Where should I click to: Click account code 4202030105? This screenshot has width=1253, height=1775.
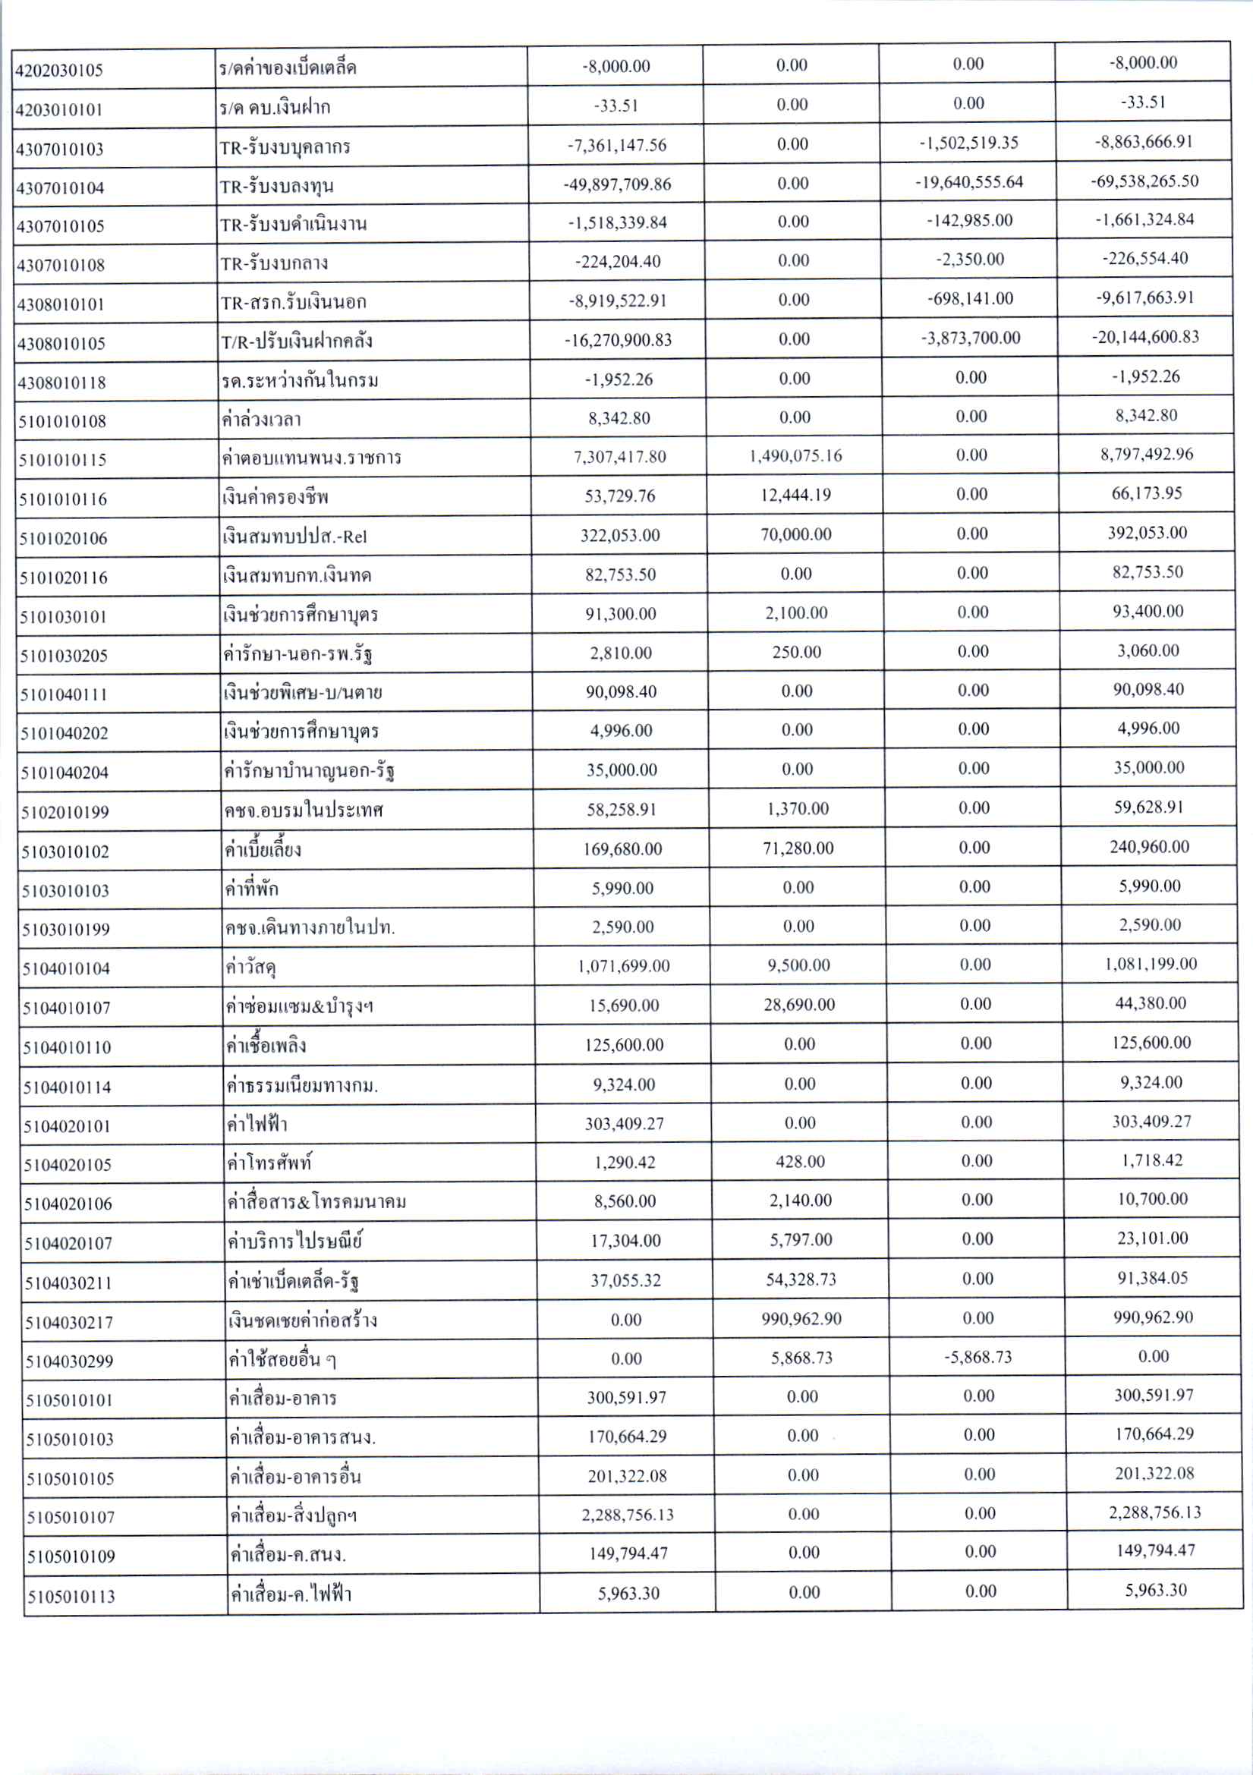pyautogui.click(x=59, y=71)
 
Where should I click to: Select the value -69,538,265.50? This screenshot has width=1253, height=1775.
pyautogui.click(x=1144, y=181)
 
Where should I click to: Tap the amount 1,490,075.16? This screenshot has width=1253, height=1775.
pyautogui.click(x=795, y=456)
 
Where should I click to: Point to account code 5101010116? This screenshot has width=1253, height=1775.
pyautogui.click(x=64, y=499)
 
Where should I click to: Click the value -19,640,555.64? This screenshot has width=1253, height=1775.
pyautogui.click(x=969, y=182)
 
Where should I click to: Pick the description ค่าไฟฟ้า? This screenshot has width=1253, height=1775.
pyautogui.click(x=257, y=1124)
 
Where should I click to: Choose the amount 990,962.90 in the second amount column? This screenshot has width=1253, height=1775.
pyautogui.click(x=801, y=1319)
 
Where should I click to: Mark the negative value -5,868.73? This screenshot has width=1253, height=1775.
pyautogui.click(x=978, y=1358)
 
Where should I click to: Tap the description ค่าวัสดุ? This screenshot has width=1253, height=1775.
pyautogui.click(x=252, y=967)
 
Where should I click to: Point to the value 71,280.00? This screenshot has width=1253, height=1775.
pyautogui.click(x=798, y=848)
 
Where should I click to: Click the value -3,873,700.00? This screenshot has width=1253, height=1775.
pyautogui.click(x=971, y=338)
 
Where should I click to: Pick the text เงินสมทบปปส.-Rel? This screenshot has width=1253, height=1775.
pyautogui.click(x=294, y=537)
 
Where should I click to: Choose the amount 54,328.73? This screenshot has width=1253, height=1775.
pyautogui.click(x=801, y=1279)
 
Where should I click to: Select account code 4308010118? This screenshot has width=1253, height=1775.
pyautogui.click(x=61, y=382)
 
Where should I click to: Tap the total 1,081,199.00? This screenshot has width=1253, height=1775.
pyautogui.click(x=1151, y=964)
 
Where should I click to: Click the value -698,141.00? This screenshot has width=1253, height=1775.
pyautogui.click(x=970, y=298)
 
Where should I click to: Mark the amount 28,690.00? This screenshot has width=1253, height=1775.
pyautogui.click(x=799, y=1005)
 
